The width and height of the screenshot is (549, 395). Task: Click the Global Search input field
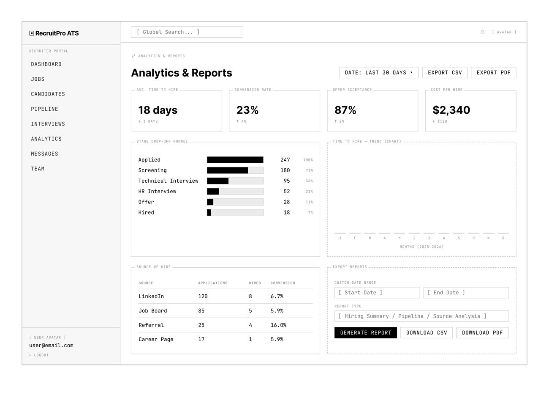point(187,32)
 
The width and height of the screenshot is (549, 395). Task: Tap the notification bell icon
point(482,32)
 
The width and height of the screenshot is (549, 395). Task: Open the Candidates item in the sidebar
point(48,94)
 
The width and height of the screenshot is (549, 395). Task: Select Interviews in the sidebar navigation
point(48,124)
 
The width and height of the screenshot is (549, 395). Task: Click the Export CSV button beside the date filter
point(445,73)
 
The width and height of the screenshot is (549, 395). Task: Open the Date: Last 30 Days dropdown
point(378,73)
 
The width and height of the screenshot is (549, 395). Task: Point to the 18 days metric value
point(158,110)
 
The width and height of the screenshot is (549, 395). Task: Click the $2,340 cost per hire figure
point(451,110)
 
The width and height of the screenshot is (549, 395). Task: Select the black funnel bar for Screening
point(227,170)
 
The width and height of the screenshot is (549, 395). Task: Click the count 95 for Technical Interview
point(286,181)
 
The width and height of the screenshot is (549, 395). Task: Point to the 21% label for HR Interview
point(309,192)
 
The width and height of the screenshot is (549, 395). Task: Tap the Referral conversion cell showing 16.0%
point(278,325)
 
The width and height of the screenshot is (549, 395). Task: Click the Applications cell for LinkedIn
point(203,296)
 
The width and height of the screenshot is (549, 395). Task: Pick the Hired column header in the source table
point(255,283)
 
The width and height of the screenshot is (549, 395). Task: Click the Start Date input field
point(377,293)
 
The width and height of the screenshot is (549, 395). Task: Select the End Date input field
point(466,293)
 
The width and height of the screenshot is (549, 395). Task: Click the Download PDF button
point(482,333)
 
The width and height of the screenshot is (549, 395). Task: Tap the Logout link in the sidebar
point(39,355)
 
